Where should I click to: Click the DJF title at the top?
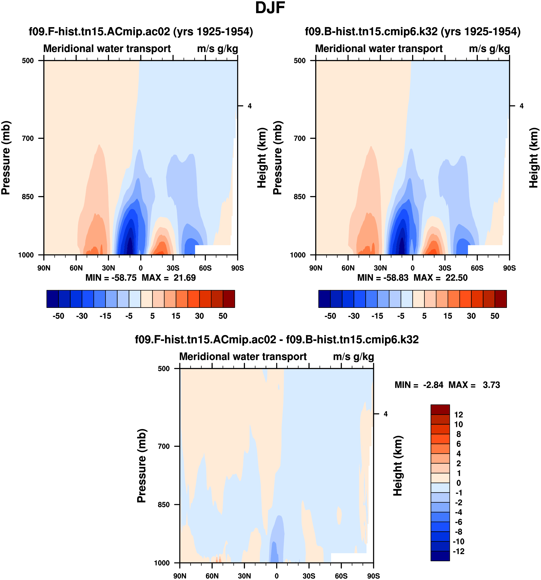click(270, 8)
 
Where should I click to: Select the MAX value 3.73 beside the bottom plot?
click(491, 385)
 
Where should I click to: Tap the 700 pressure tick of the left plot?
click(28, 138)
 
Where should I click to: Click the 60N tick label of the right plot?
click(348, 268)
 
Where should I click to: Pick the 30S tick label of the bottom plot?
click(309, 576)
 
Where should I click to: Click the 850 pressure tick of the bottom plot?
click(164, 504)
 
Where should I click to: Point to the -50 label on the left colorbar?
click(58, 316)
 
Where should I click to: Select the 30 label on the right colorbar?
click(471, 316)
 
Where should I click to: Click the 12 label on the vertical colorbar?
click(458, 415)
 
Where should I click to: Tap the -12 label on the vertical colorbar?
click(458, 551)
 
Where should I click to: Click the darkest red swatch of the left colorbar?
click(229, 299)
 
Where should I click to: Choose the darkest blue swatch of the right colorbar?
click(324, 299)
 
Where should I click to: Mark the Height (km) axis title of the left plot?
click(262, 158)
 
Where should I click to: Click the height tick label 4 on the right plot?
click(522, 106)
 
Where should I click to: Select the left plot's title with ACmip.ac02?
click(141, 31)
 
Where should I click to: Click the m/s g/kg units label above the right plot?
click(489, 49)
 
